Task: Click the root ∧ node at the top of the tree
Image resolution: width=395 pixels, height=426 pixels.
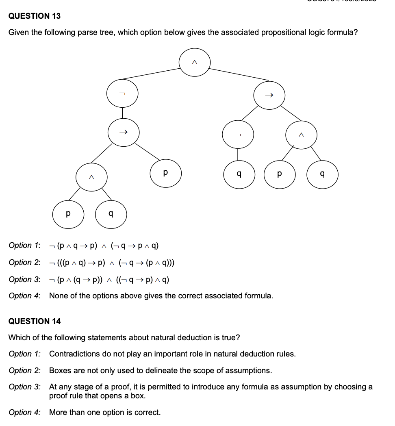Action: [x=195, y=62]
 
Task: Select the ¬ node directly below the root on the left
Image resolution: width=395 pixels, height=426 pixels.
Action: [x=122, y=94]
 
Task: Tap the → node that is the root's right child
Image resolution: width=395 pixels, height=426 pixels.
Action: [x=269, y=96]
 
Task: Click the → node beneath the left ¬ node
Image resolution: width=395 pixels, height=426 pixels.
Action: [x=124, y=132]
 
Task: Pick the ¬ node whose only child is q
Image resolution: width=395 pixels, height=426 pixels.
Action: [x=238, y=135]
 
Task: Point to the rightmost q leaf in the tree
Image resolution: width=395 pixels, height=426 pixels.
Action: [x=322, y=174]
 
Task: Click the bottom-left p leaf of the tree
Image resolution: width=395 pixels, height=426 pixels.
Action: [x=68, y=213]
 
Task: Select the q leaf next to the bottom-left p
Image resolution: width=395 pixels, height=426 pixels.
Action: [x=111, y=213]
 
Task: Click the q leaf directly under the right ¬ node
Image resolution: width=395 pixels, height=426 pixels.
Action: [x=239, y=174]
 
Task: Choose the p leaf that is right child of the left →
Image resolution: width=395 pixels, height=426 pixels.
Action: [x=165, y=173]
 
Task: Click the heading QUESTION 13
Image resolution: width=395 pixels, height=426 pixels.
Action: [x=35, y=16]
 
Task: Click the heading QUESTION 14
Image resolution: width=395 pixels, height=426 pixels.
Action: [x=35, y=321]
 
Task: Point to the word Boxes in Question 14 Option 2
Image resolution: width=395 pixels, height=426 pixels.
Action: [x=60, y=370]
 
